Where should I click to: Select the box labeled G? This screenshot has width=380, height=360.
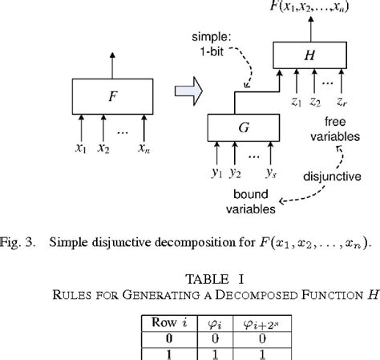(244, 128)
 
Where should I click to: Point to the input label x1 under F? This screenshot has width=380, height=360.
(80, 148)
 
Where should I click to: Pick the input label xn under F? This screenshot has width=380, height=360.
(144, 148)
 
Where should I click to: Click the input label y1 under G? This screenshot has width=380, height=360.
(215, 172)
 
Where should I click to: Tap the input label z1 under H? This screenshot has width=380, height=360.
(296, 101)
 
